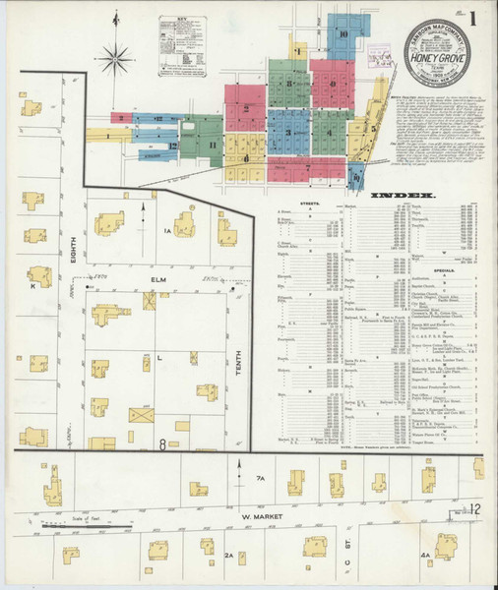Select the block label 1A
167,230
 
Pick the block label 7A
261,478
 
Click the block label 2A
228,556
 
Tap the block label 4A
426,556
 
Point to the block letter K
32,286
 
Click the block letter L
159,359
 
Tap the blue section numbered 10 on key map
343,35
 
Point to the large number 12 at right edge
475,508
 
